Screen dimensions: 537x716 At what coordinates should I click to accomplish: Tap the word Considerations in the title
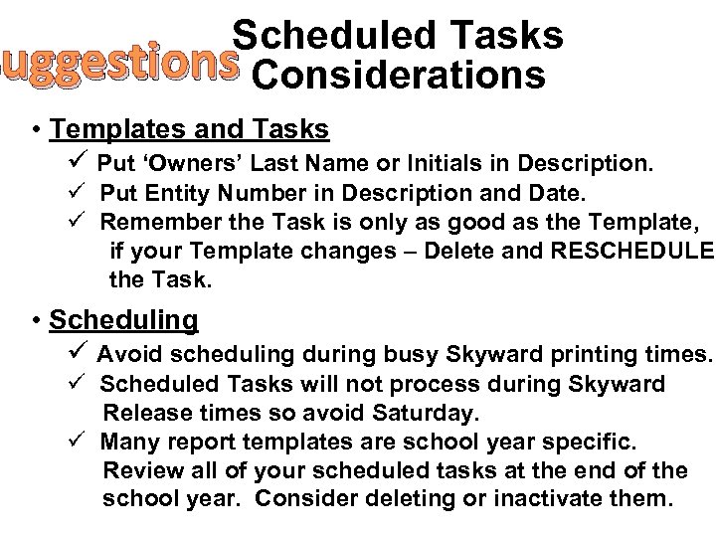click(x=399, y=77)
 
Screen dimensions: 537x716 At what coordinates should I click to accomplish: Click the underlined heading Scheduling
click(x=123, y=321)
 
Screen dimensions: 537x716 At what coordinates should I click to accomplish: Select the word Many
click(x=128, y=440)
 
